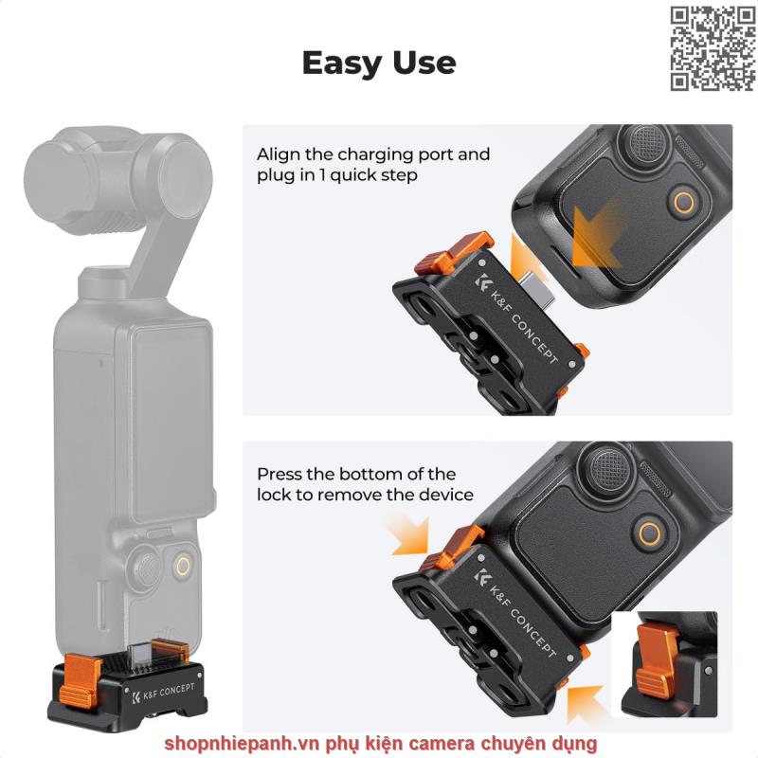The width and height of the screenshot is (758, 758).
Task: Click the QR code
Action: tap(713, 49)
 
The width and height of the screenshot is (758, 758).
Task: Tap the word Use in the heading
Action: tap(424, 63)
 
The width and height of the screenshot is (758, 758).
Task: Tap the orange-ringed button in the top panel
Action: tap(683, 202)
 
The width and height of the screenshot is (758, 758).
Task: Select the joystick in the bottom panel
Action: tap(609, 466)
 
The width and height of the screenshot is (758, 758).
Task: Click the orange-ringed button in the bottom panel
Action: tap(648, 534)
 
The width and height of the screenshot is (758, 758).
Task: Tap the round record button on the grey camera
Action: tap(183, 566)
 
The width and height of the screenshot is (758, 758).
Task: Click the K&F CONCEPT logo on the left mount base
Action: tap(163, 693)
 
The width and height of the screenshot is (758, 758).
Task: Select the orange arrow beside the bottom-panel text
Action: tap(410, 535)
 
